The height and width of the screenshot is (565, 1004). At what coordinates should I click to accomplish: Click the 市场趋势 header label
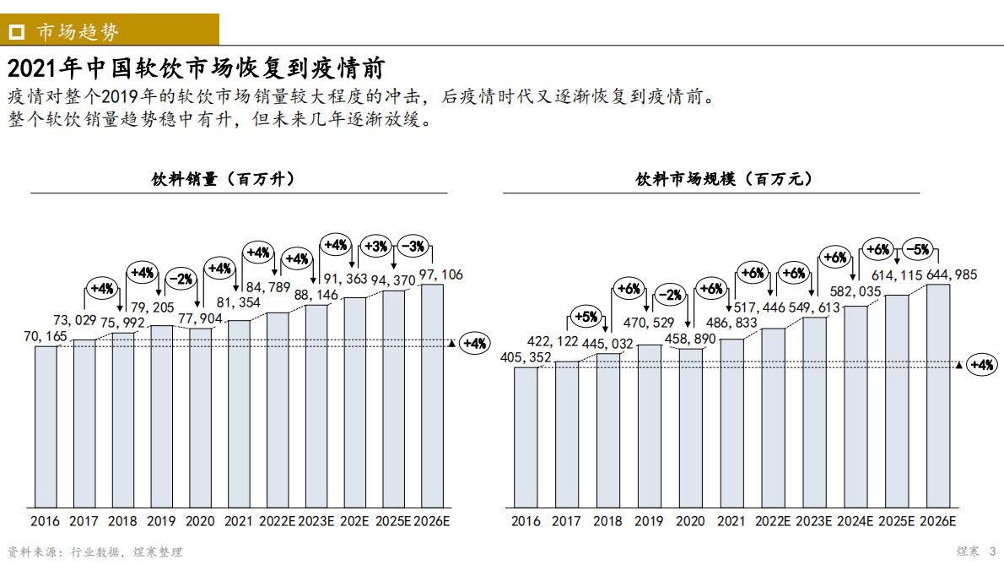[78, 31]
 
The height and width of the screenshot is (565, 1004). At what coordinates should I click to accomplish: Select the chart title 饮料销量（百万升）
[223, 180]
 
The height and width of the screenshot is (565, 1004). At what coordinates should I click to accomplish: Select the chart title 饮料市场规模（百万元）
[724, 180]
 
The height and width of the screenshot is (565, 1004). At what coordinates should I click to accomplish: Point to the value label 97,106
[440, 275]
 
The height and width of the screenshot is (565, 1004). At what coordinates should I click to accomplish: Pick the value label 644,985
[937, 274]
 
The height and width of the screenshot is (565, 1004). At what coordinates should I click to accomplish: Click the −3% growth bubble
[413, 247]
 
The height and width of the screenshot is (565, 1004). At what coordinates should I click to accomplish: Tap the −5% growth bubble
[916, 249]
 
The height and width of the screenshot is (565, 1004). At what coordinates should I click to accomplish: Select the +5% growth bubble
[586, 318]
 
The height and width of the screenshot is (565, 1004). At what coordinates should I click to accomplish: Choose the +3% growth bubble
[375, 247]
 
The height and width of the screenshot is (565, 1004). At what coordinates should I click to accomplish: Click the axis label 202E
[354, 521]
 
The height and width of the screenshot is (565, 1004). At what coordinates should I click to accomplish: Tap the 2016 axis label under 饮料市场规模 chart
[526, 521]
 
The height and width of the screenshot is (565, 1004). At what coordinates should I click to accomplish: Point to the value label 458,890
[690, 339]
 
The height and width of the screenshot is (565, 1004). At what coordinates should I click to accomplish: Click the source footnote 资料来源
[94, 551]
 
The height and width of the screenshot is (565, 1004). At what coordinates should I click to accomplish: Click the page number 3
[992, 551]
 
